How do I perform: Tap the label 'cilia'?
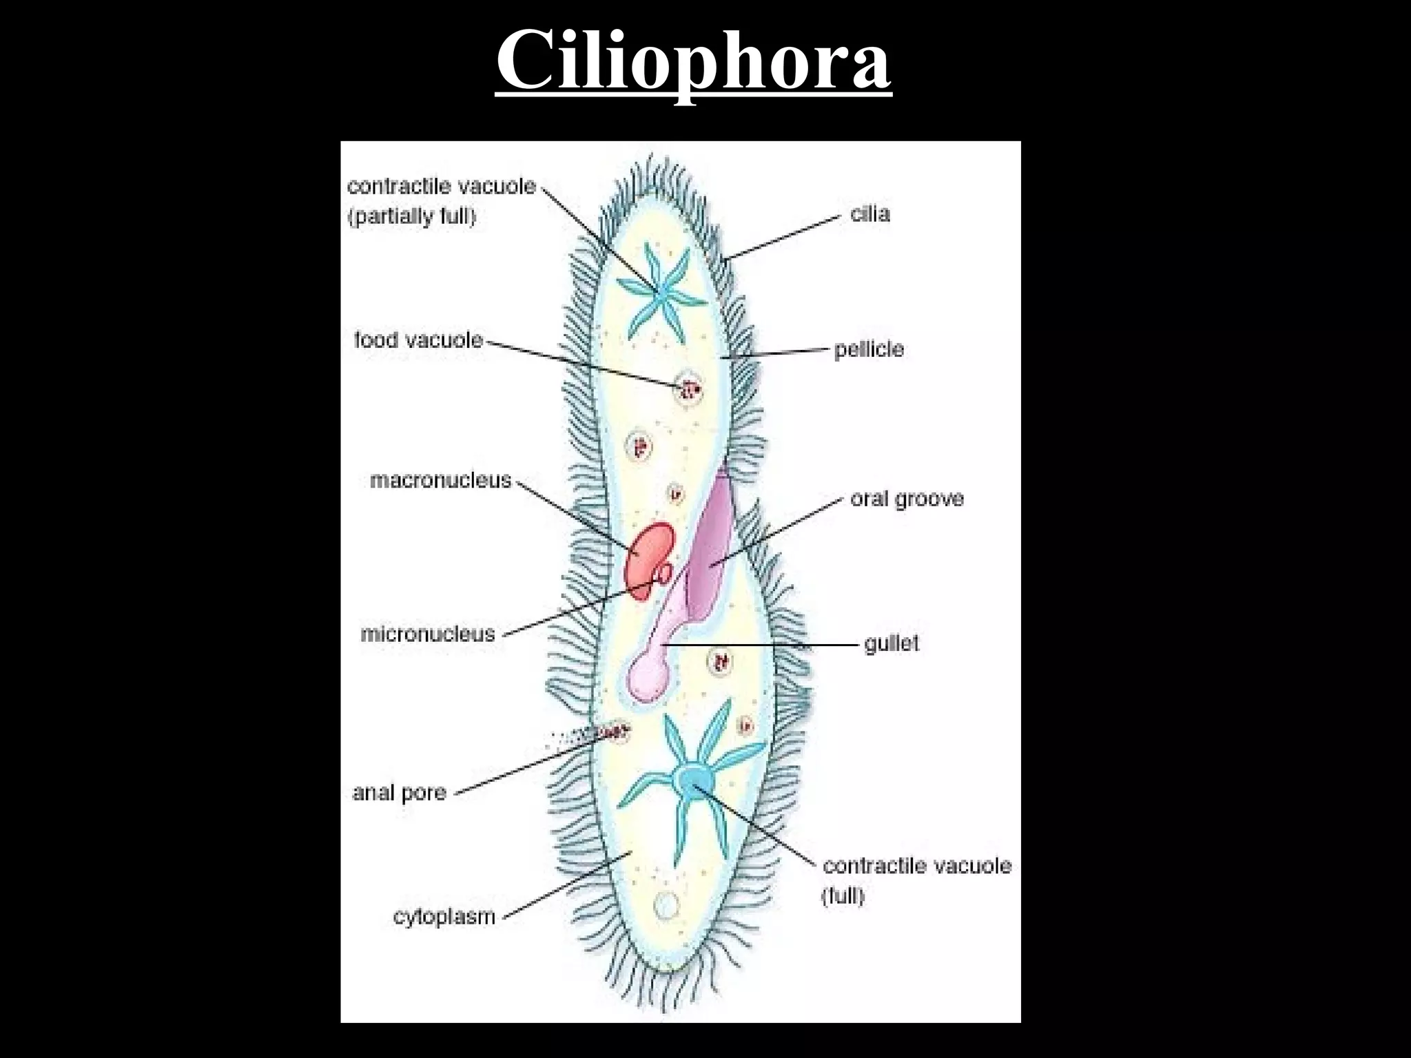tap(869, 214)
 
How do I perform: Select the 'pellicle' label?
tap(869, 349)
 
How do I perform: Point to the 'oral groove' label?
tap(906, 499)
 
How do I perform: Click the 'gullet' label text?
tap(892, 644)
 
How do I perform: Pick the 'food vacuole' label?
tap(418, 340)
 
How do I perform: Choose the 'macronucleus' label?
tap(440, 480)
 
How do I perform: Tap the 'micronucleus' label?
tap(428, 634)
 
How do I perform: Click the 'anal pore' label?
tap(399, 793)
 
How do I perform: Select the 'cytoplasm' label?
tap(444, 917)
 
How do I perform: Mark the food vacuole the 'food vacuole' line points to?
tap(688, 391)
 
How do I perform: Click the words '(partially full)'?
tap(412, 217)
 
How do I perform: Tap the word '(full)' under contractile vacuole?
tap(843, 896)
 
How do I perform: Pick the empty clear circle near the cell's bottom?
tap(666, 904)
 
